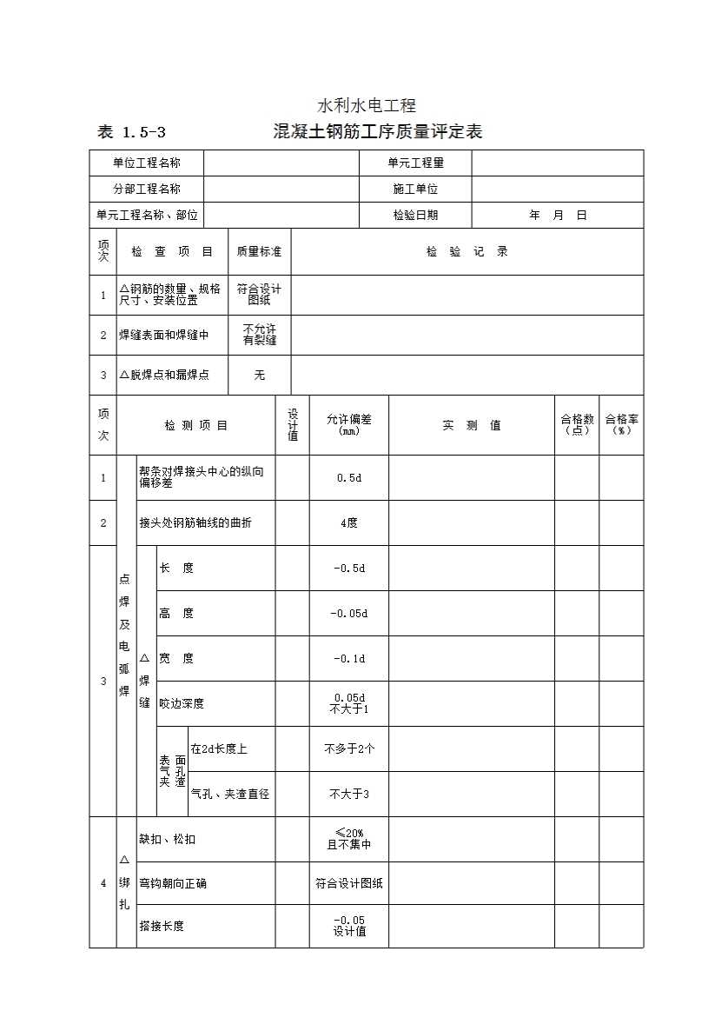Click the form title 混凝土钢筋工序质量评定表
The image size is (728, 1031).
point(377,132)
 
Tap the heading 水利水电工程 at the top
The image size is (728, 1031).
point(367,106)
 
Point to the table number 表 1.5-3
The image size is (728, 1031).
point(132,133)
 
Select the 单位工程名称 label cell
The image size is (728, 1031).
point(147,163)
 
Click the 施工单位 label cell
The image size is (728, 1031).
point(415,189)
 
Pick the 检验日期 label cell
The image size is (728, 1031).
point(415,215)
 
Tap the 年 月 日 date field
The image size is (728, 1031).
point(558,215)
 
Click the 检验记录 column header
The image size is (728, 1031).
point(467,252)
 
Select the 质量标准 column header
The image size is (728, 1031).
point(259,252)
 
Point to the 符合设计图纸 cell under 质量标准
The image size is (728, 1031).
point(259,295)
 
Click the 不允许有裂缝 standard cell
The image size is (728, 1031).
point(259,335)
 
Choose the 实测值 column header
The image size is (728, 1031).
point(471,426)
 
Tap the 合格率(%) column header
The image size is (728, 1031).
point(621,425)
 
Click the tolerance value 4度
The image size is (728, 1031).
point(348,523)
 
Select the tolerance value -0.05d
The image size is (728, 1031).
point(348,614)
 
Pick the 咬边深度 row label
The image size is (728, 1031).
point(182,704)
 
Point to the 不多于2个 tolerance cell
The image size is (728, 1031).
point(348,749)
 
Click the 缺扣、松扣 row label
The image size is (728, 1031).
point(168,840)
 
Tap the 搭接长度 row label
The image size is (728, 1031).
point(162,927)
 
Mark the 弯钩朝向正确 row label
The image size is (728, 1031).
point(173,884)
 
